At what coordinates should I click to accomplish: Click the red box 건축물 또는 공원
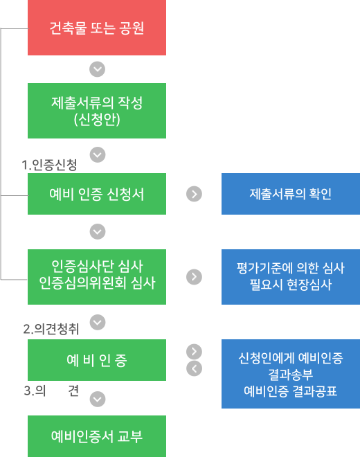[x=97, y=28]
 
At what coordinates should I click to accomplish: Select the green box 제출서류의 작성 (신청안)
[x=97, y=111]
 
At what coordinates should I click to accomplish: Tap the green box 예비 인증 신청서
[x=97, y=194]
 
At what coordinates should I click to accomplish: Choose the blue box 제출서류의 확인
[x=291, y=194]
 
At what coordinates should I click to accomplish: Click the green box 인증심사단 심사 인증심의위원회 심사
[x=97, y=277]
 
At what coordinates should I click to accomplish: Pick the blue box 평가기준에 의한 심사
[x=291, y=277]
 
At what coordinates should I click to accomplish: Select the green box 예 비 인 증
[x=97, y=360]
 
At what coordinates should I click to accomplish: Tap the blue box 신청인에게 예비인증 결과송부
[x=291, y=374]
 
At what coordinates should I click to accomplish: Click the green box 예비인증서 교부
[x=97, y=436]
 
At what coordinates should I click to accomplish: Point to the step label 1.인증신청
[x=49, y=165]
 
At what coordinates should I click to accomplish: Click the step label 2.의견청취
[x=51, y=329]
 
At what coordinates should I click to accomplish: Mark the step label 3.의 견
[x=51, y=391]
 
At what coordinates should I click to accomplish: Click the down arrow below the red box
[x=98, y=69]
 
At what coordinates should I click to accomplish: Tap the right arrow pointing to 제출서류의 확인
[x=194, y=194]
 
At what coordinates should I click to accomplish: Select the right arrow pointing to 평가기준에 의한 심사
[x=194, y=276]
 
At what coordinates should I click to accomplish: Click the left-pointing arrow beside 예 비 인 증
[x=194, y=368]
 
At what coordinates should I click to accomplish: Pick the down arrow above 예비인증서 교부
[x=98, y=399]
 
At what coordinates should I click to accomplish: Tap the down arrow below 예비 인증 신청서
[x=98, y=231]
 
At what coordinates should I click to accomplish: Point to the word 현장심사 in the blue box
[x=309, y=285]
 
